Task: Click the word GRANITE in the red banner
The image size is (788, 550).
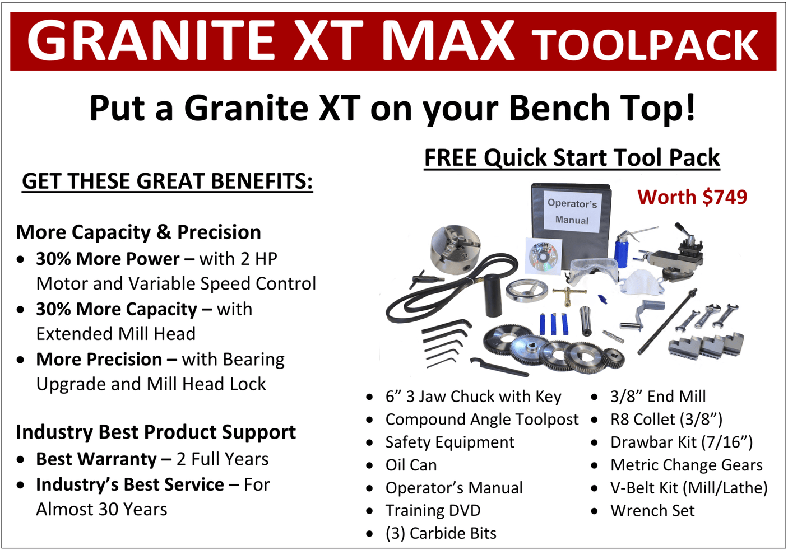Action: [151, 40]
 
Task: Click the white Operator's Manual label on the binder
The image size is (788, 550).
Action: [572, 211]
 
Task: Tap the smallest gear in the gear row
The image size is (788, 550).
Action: [615, 358]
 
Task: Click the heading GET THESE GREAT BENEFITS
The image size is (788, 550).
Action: [167, 181]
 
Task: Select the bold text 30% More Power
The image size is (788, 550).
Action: [108, 259]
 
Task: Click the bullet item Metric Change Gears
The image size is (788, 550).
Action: [686, 465]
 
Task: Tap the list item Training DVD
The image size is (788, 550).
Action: [433, 511]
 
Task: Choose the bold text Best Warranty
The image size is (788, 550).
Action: [96, 459]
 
